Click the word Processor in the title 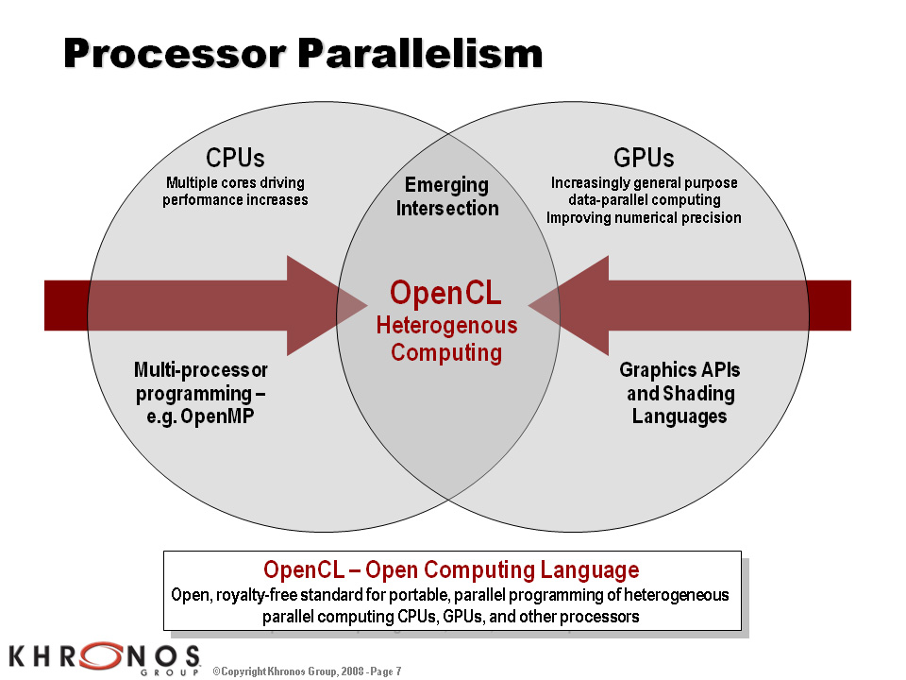tap(176, 53)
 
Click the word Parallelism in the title tap(421, 53)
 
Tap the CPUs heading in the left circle tap(235, 158)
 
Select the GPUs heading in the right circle tap(644, 158)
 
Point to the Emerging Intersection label tap(447, 196)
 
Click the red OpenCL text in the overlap tap(445, 293)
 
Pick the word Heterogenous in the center tap(446, 326)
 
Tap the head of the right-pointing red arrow tap(327, 305)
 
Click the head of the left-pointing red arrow tap(568, 305)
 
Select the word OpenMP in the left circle tap(217, 416)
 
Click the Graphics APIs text tap(679, 370)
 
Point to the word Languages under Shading tap(679, 416)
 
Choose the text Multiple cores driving tap(235, 182)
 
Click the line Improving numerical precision tap(644, 217)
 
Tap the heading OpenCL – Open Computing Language tap(451, 569)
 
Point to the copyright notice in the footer tap(307, 671)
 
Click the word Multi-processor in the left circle tap(200, 370)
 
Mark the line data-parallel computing tap(645, 200)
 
